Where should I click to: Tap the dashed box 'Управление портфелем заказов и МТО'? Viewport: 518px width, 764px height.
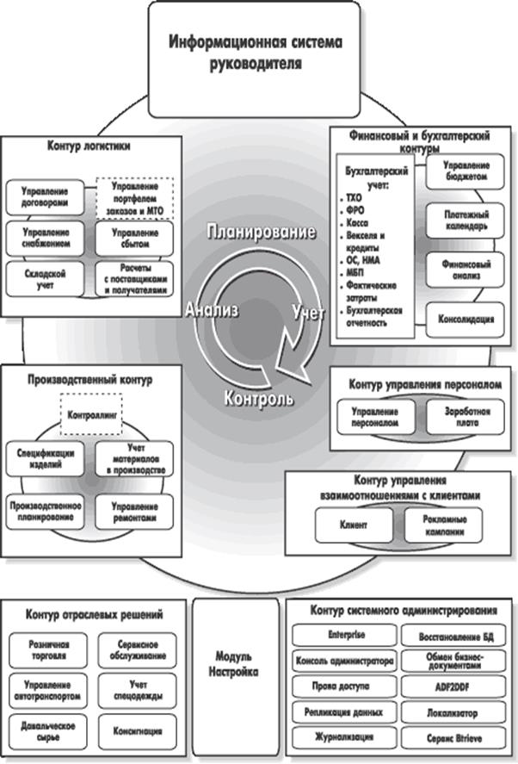pyautogui.click(x=133, y=197)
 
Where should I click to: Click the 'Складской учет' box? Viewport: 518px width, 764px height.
pyautogui.click(x=46, y=277)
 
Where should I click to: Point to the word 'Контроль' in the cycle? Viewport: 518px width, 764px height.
pyautogui.click(x=258, y=399)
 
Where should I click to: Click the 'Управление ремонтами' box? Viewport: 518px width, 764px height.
pyautogui.click(x=133, y=511)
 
